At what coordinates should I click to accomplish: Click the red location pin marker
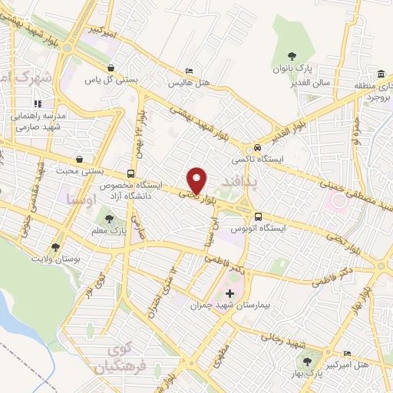pyautogui.click(x=198, y=180)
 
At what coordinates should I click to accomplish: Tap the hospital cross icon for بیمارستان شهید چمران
pyautogui.click(x=230, y=294)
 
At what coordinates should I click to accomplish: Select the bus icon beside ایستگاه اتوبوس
pyautogui.click(x=258, y=216)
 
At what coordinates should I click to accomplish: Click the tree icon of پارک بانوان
pyautogui.click(x=292, y=55)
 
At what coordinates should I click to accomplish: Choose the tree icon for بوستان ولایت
pyautogui.click(x=55, y=247)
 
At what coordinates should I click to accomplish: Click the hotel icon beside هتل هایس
pyautogui.click(x=178, y=72)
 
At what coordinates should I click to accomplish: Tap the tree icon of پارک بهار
pyautogui.click(x=308, y=362)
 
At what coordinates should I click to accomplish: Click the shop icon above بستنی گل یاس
pyautogui.click(x=111, y=67)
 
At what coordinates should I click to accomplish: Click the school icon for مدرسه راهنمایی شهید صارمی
pyautogui.click(x=35, y=103)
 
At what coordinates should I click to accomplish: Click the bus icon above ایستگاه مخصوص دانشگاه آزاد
pyautogui.click(x=130, y=173)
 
